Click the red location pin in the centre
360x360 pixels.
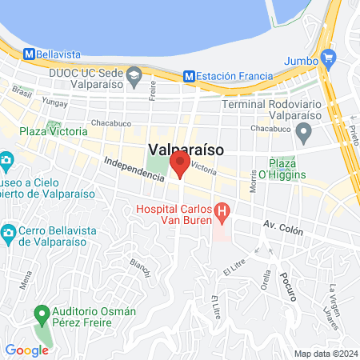180,166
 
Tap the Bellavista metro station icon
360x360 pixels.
30,54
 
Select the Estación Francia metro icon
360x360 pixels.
190,76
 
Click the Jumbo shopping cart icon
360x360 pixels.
327,58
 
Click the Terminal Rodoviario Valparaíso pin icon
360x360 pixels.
303,131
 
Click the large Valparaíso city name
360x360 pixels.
186,149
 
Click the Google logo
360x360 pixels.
26,350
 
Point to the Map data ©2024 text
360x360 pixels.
324,354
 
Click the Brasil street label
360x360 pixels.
21,94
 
